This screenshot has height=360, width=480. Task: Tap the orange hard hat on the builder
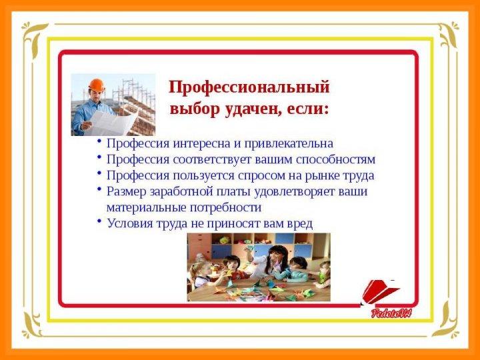pyautogui.click(x=97, y=85)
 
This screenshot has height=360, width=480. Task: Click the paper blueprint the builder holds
pyautogui.click(x=111, y=123)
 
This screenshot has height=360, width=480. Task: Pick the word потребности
pyautogui.click(x=225, y=207)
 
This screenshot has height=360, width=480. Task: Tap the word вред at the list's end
pyautogui.click(x=300, y=224)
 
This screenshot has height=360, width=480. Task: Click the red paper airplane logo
pyautogui.click(x=379, y=293)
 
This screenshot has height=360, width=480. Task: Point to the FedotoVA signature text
pyautogui.click(x=391, y=313)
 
